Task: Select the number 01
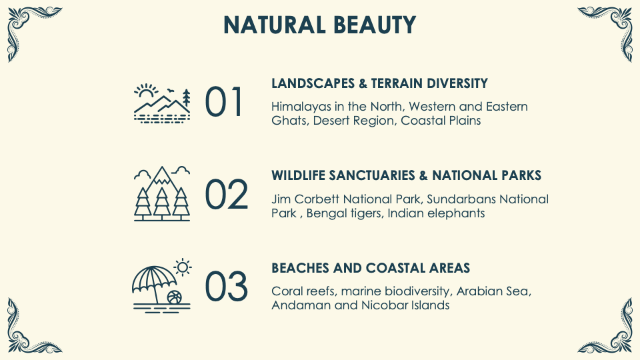223,101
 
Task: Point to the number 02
226,194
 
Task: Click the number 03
226,287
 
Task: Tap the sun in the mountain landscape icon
146,91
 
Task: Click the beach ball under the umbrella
174,297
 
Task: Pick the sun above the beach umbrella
183,267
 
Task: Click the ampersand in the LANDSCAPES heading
363,83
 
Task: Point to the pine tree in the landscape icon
186,97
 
